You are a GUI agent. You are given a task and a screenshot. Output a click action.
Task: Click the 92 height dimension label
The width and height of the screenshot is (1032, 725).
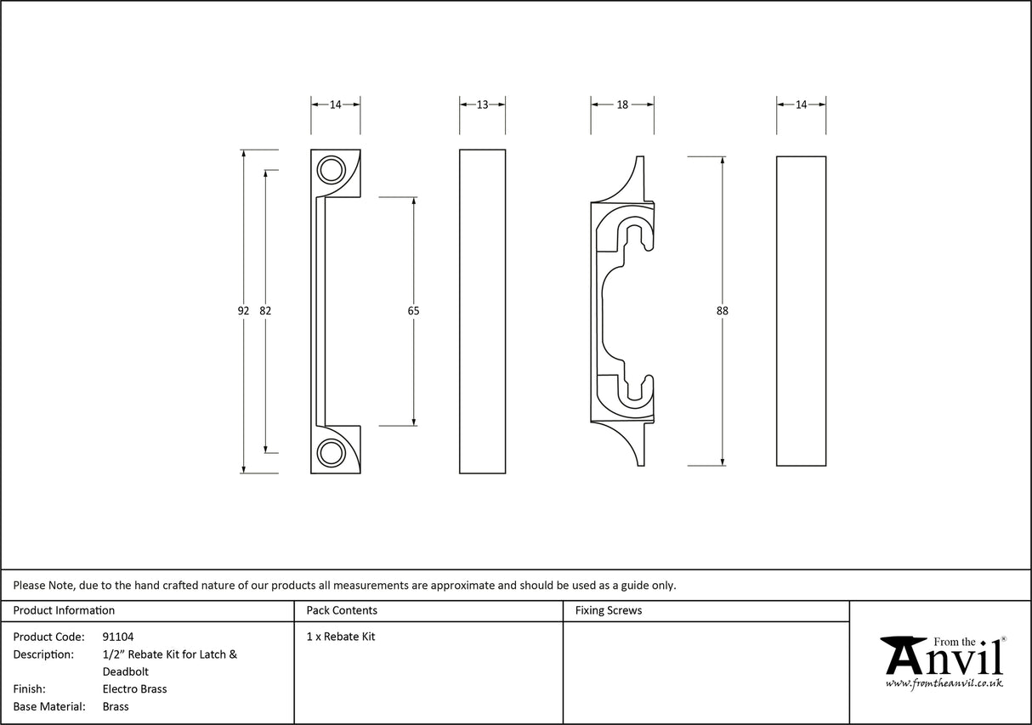243,311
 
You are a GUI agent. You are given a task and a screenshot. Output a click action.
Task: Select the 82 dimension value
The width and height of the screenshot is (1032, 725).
265,311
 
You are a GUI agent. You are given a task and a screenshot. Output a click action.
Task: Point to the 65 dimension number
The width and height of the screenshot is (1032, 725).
413,311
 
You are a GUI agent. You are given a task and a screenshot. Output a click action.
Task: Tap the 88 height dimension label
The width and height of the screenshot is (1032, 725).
723,311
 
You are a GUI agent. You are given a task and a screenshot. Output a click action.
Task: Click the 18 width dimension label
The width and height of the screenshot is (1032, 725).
622,105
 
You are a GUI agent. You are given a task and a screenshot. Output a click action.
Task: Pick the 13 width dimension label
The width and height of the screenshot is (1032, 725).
482,105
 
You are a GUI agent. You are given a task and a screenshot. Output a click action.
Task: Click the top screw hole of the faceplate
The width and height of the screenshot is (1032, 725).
330,170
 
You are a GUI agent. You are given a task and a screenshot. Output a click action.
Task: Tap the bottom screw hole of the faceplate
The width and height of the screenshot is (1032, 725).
330,453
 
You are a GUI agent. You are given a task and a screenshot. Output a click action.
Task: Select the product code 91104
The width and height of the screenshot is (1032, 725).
118,637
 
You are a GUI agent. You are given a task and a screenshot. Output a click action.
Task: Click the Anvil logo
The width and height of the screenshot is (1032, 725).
943,657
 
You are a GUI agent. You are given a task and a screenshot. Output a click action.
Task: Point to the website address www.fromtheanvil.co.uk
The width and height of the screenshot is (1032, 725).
944,683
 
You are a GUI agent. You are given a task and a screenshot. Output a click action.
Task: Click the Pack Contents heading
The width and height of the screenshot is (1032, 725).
342,610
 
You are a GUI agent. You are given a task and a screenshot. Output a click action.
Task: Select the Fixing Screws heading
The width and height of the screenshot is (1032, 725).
609,610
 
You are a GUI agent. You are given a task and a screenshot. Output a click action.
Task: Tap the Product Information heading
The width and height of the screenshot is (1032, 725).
64,610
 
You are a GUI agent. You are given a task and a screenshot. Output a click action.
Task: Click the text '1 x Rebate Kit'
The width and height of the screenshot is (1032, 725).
341,637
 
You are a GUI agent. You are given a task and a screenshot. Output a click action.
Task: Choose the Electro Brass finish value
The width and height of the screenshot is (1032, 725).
134,689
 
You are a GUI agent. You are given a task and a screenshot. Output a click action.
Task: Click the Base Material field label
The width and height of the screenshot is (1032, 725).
49,706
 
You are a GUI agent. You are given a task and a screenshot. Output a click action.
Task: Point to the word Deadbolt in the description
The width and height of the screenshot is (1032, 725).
125,671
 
